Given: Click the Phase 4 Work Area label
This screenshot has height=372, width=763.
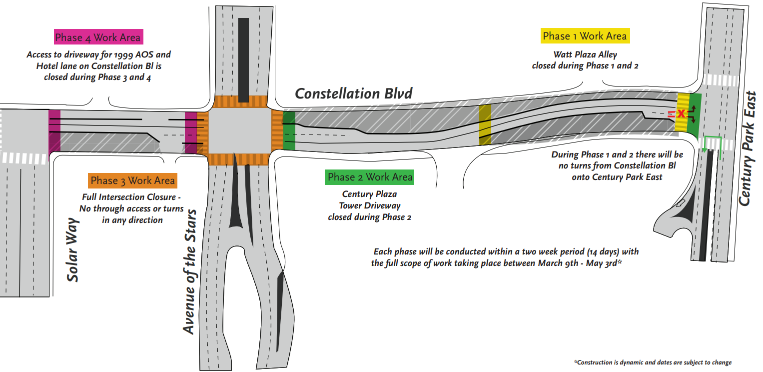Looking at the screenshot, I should coord(97,37).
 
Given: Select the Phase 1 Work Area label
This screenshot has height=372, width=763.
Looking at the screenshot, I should coord(584,36).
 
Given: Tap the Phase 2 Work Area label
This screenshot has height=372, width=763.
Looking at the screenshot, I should coord(370,177).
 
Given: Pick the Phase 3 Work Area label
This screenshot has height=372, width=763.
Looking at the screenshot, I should coord(132,180).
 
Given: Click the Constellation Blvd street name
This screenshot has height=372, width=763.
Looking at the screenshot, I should coord(354,93).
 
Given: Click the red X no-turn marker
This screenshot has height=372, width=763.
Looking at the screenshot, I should coord(680,114).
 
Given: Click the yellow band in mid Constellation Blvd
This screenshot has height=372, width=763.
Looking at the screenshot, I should coord(485,124).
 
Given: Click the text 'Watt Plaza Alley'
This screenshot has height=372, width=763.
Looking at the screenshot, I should coord(585,54).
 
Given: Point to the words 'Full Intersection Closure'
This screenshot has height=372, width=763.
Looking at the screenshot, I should coord(131,197).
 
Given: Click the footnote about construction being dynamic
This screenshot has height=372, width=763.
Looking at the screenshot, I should coord(653,362).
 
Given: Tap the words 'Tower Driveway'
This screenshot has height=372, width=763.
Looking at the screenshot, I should coord(369,205).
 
